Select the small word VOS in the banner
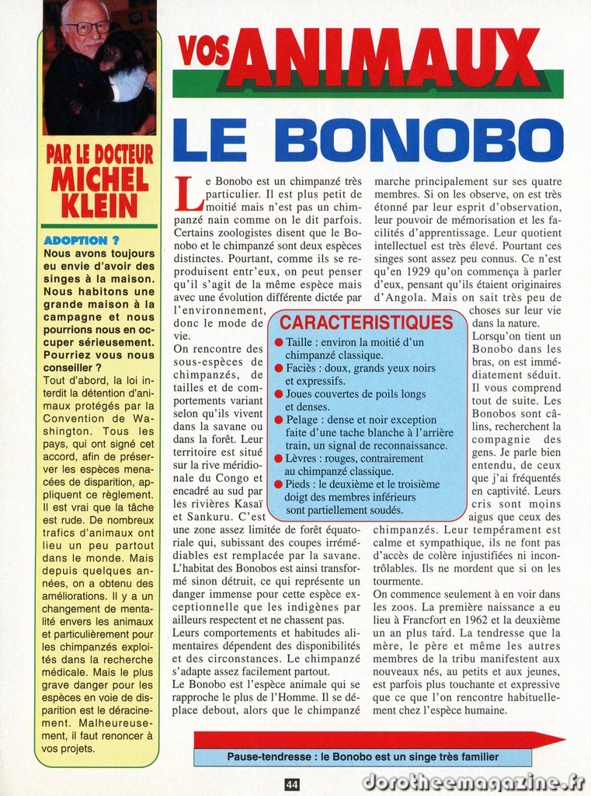pos(203,51)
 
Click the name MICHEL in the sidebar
pos(99,180)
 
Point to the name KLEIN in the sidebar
pos(99,206)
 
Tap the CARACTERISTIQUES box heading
pos(366,323)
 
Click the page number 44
pos(292,784)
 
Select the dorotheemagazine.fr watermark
pos(473,782)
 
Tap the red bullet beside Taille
pos(279,342)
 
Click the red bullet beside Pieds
pos(279,484)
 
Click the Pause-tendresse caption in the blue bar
pos(363,756)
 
